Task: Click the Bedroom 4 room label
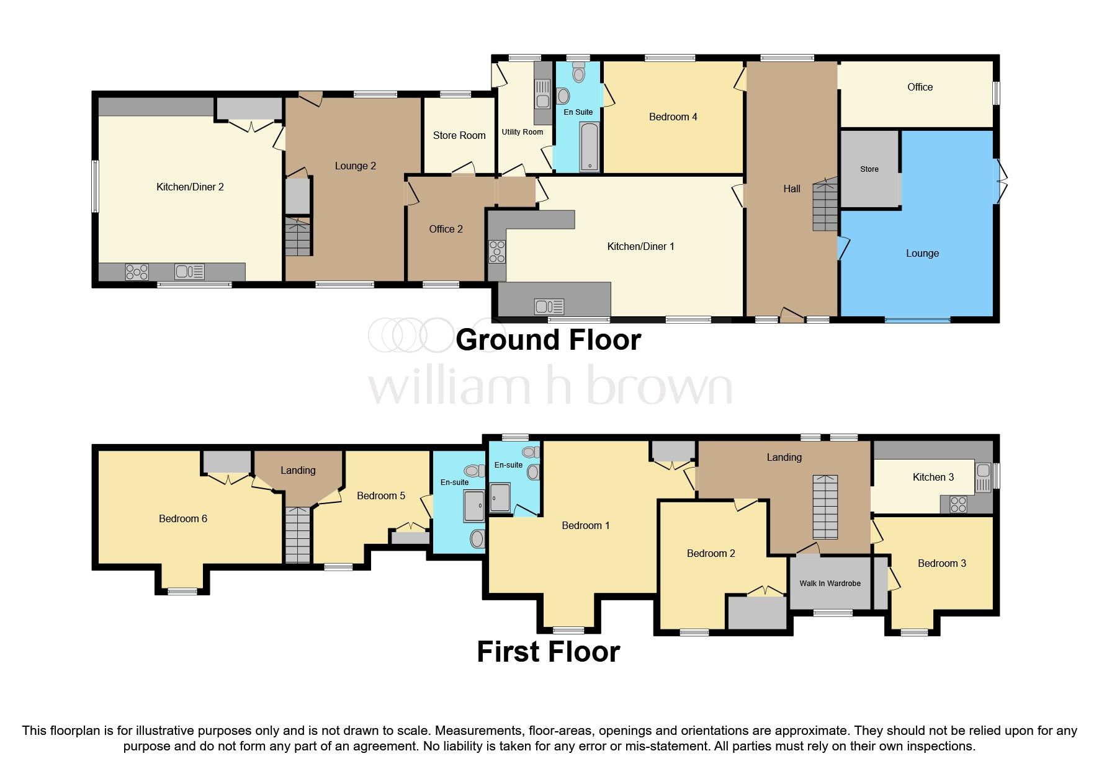click(x=673, y=117)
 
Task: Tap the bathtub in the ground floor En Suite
click(x=588, y=146)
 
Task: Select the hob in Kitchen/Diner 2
click(x=137, y=272)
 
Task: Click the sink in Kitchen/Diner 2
click(x=189, y=272)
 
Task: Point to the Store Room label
click(x=459, y=135)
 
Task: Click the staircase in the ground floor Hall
click(x=825, y=203)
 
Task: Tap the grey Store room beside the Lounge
click(x=869, y=169)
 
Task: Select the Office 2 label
click(x=446, y=229)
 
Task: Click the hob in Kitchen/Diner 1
click(x=497, y=251)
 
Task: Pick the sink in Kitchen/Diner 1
click(x=549, y=306)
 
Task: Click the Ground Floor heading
click(x=549, y=340)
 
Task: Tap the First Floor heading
click(x=549, y=652)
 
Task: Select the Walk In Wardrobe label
click(x=830, y=583)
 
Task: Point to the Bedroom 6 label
click(x=183, y=518)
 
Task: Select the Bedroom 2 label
click(x=711, y=553)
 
